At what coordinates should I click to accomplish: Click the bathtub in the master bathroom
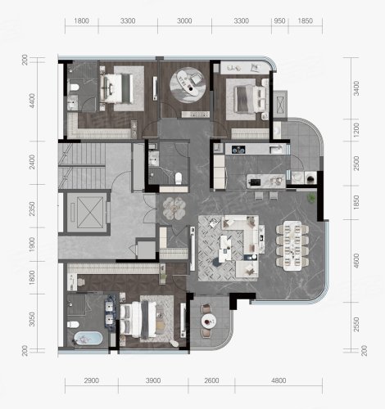click(x=88, y=339)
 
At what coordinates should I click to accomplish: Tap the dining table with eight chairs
click(x=292, y=245)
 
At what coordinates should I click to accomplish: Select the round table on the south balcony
click(x=209, y=321)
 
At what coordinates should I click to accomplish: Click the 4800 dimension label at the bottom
click(x=279, y=380)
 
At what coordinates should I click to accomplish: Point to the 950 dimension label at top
click(x=279, y=20)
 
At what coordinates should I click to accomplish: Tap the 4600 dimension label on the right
click(x=356, y=261)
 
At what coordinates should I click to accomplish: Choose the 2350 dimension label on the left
click(x=32, y=209)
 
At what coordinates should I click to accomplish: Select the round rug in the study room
click(x=187, y=84)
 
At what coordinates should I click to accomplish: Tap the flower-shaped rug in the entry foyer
click(x=174, y=208)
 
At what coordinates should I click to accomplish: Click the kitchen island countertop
click(x=266, y=181)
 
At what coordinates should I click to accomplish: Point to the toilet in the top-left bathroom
click(x=75, y=88)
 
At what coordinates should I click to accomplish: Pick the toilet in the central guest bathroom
click(x=179, y=178)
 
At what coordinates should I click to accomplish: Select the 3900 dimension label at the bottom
click(x=153, y=380)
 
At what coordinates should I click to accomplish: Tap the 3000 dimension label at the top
click(x=184, y=20)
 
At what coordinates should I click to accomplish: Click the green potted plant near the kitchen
click(x=311, y=198)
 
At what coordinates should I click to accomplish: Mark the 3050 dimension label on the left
click(x=32, y=319)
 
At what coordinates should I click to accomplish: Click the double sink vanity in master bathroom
click(x=111, y=312)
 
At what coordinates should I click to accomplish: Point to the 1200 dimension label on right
click(x=356, y=130)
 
